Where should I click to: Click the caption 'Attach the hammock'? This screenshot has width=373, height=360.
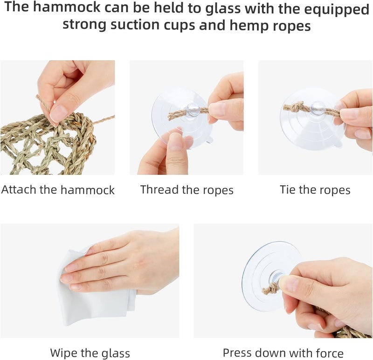point(58,190)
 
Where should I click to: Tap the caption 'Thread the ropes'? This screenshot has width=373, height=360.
point(187,190)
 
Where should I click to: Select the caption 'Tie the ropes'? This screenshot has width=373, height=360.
point(315,190)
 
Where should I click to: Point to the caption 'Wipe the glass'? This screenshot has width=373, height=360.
point(90,353)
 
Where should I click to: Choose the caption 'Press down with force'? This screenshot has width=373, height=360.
point(283,353)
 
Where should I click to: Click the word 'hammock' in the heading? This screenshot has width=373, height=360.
point(67,7)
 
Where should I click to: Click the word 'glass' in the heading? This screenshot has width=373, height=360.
point(223,8)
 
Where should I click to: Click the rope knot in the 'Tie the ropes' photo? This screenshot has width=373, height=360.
point(295,107)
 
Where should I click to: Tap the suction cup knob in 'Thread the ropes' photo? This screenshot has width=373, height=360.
point(193,109)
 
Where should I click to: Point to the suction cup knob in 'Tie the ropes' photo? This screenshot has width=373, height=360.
point(318,107)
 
